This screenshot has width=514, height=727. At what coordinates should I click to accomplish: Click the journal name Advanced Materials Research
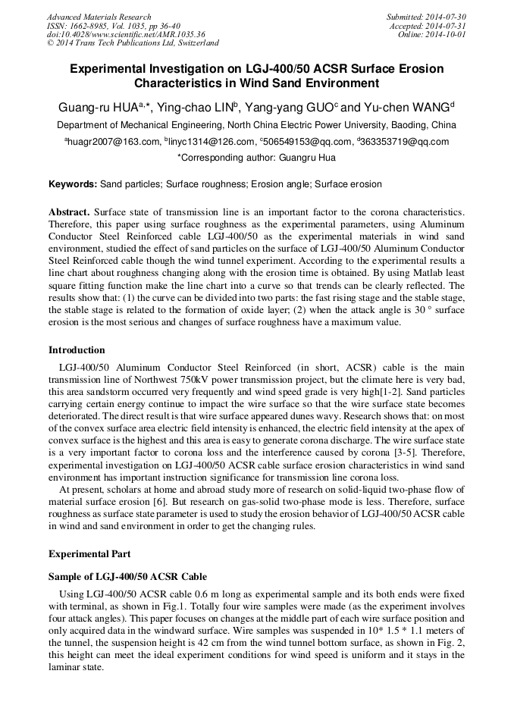(99, 17)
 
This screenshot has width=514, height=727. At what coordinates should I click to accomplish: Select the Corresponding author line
(256, 158)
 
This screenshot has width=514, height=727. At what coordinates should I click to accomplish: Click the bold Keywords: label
(73, 184)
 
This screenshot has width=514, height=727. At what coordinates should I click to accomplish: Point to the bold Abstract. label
(69, 211)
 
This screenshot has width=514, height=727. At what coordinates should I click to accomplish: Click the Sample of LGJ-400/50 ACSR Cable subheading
(127, 578)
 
